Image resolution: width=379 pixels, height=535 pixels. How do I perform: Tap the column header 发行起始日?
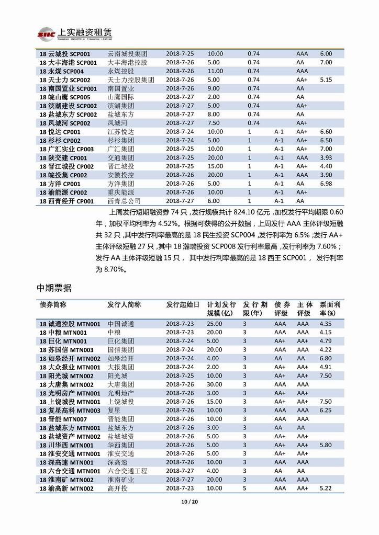[183, 304]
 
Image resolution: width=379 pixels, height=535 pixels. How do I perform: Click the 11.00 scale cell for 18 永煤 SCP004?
[215, 71]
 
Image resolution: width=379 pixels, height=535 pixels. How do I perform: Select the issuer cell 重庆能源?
[121, 192]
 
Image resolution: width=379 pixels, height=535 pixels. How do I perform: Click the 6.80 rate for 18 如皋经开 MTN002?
[326, 358]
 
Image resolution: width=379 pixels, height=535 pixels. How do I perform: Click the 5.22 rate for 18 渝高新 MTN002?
[326, 488]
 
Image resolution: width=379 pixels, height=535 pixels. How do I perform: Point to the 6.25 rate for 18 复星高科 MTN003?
[326, 411]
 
